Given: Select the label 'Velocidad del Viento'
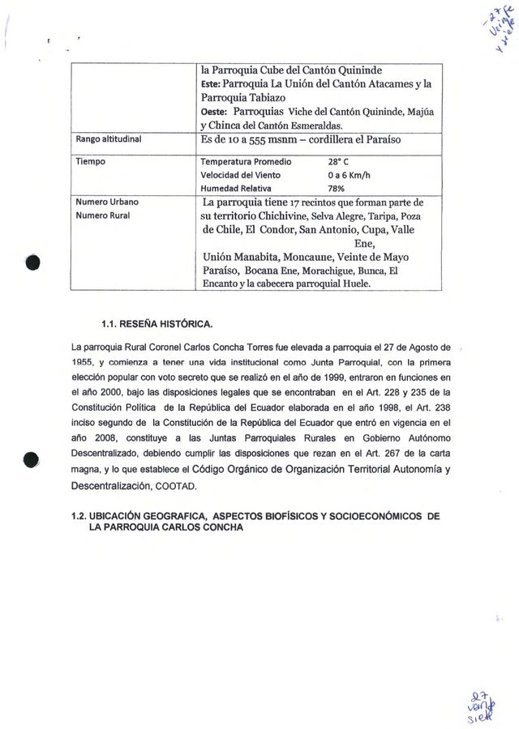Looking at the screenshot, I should pyautogui.click(x=241, y=174).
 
